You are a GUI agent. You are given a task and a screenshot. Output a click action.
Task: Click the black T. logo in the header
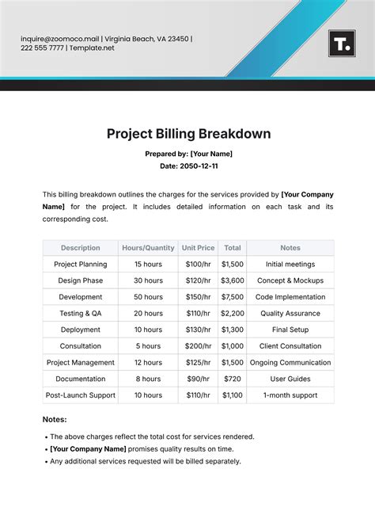pos(342,44)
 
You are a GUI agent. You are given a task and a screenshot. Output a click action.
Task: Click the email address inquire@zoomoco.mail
pos(59,38)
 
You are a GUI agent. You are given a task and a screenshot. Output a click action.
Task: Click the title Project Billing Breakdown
pos(188,134)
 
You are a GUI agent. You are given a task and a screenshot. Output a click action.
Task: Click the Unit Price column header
pos(198,248)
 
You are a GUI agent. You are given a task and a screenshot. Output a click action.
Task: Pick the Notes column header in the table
pos(290,248)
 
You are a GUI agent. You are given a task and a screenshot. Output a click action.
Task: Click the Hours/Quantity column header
pos(148,248)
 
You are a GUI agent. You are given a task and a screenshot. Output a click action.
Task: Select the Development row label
pos(81,297)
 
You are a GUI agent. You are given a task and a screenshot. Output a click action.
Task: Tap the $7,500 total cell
pos(232,297)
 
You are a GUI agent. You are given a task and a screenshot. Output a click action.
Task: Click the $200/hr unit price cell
pos(198,346)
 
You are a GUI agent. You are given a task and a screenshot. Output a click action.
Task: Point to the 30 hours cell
pos(148,280)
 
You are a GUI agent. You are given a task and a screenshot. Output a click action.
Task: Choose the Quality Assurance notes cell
pos(290,314)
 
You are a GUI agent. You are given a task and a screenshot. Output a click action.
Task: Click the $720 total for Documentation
pos(232,379)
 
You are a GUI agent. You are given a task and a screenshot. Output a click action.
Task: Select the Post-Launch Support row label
pos(81,395)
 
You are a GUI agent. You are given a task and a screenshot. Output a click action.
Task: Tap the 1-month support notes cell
pos(290,395)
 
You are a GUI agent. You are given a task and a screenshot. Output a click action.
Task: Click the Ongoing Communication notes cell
pos(290,363)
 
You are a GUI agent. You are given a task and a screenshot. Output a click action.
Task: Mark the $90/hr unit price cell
pos(198,379)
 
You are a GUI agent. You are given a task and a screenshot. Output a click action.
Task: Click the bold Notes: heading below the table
pos(55,419)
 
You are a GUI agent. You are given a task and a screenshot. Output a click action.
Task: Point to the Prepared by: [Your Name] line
pos(188,154)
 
